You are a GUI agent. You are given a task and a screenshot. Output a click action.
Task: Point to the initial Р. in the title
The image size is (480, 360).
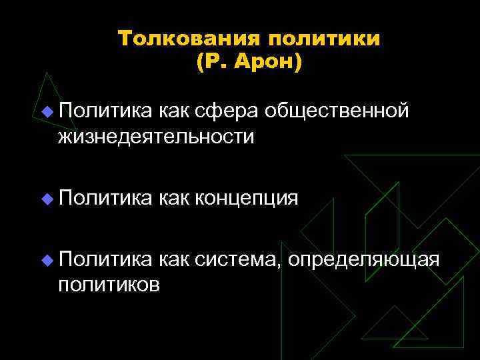[213, 63]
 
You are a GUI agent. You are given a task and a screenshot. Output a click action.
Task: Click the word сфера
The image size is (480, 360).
[237, 111]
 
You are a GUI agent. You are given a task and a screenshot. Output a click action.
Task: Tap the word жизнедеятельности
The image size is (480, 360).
[156, 136]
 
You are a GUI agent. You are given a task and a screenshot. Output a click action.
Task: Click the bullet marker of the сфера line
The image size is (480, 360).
[46, 111]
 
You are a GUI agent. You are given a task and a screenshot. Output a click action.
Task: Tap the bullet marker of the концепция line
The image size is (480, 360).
[46, 199]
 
